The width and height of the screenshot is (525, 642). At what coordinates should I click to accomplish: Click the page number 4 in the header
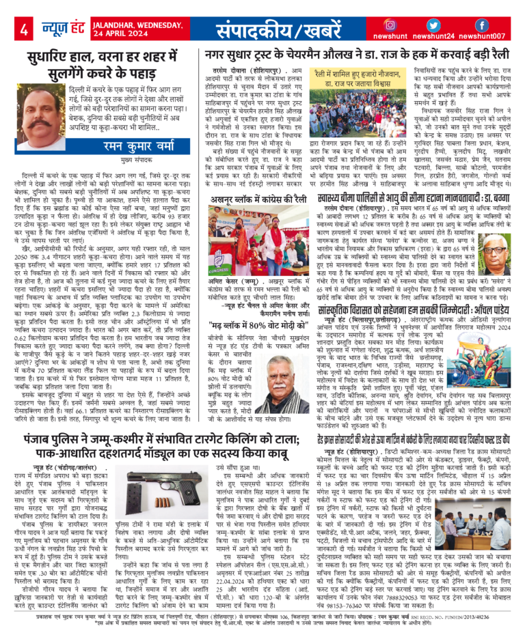[23, 29]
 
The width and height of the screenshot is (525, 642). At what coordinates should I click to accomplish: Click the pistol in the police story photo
[180, 473]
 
